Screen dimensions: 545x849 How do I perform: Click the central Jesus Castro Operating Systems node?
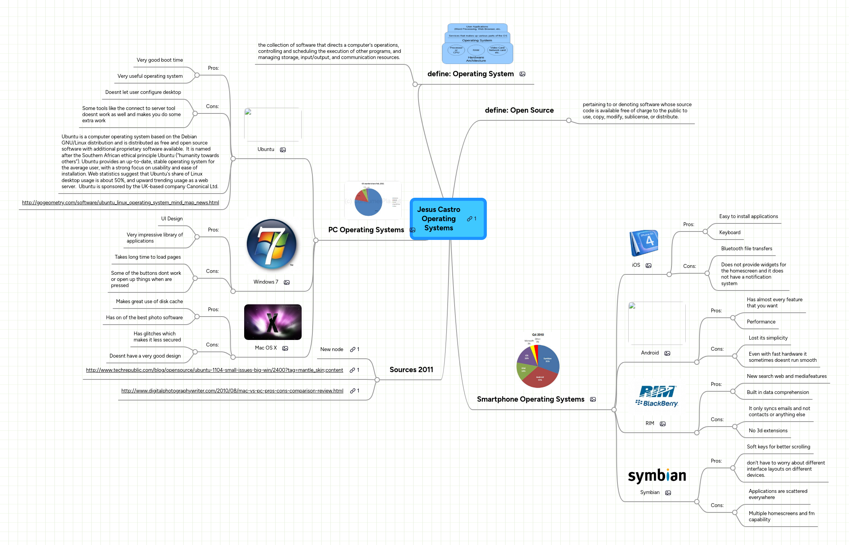coord(447,218)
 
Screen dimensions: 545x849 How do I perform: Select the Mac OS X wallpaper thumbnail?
coord(273,322)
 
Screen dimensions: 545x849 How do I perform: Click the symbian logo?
coord(657,476)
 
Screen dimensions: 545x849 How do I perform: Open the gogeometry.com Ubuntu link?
coord(120,203)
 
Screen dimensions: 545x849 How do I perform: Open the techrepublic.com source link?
coord(214,370)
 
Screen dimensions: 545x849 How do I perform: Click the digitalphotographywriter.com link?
coord(232,391)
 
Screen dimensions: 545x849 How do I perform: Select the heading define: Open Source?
coord(519,110)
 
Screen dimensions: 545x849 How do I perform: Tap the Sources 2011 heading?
coord(411,370)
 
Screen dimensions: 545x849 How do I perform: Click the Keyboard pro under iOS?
coord(729,233)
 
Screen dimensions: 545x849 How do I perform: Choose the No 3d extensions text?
coord(768,431)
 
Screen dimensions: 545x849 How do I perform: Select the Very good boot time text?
coord(159,60)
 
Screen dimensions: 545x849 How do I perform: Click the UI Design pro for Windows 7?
coord(172,219)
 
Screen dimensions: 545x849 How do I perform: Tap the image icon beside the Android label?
coord(667,353)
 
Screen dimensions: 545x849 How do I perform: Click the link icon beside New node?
coord(353,350)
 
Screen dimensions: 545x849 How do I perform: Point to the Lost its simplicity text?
coord(768,338)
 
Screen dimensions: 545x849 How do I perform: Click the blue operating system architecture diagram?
coord(477,44)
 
